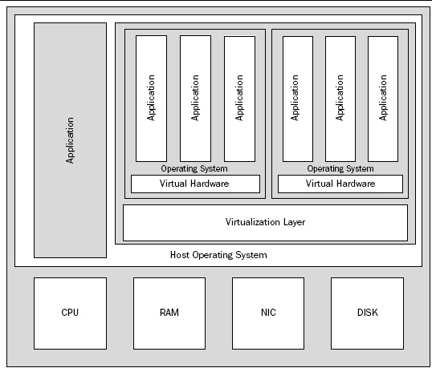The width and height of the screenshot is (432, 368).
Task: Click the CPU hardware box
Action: coord(70,313)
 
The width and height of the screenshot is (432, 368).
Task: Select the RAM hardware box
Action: coord(169,313)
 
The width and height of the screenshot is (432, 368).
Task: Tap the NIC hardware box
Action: coord(268,313)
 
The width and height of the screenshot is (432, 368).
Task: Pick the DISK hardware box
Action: coord(367,313)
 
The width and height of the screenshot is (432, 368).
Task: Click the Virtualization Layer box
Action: coord(265,222)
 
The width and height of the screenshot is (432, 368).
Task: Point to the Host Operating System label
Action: coord(218,255)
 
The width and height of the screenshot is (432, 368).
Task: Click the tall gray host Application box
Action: coord(70,140)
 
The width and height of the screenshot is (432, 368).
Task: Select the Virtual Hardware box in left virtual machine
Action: coord(195,184)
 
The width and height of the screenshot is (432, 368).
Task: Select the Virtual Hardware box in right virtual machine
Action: coord(340,184)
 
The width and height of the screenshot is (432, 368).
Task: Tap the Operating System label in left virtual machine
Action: coord(194,168)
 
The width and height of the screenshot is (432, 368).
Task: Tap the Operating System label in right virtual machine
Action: coord(340,168)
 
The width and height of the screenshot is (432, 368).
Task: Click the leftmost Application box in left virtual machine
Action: coord(151,99)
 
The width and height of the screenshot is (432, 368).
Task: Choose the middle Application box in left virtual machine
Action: coord(195,99)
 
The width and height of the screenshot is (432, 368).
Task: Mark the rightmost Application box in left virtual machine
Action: coord(239,99)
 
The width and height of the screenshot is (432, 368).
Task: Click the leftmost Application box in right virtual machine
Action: coord(296,99)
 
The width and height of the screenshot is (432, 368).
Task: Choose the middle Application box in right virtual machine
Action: coord(340,99)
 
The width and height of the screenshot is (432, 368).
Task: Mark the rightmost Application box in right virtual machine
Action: coord(383,99)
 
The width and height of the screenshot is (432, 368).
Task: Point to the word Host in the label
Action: coord(180,255)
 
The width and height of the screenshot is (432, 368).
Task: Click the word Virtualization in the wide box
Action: coord(252,222)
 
